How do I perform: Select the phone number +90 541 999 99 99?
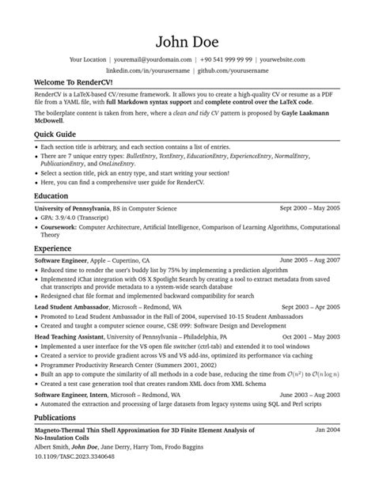point(227,59)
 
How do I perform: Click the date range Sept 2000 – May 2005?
point(310,207)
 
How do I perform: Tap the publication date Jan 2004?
point(328,429)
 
